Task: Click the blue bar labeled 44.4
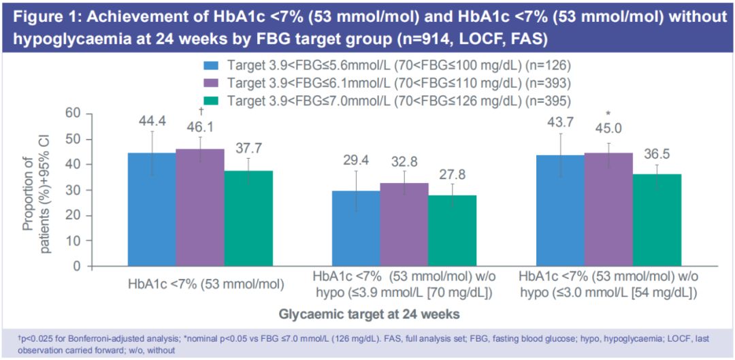coord(152,209)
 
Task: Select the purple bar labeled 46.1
coord(200,207)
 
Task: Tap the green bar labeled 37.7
coord(248,218)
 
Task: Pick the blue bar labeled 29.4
coord(356,228)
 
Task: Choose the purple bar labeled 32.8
coord(404,224)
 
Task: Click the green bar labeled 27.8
coord(453,230)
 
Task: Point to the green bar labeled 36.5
coord(657,220)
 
